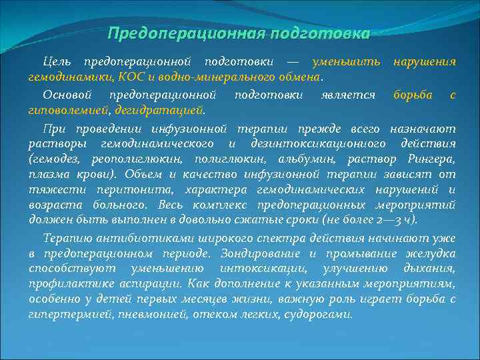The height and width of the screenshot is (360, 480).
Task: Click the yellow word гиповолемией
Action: tap(69, 109)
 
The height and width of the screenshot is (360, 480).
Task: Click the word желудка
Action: tap(432, 253)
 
